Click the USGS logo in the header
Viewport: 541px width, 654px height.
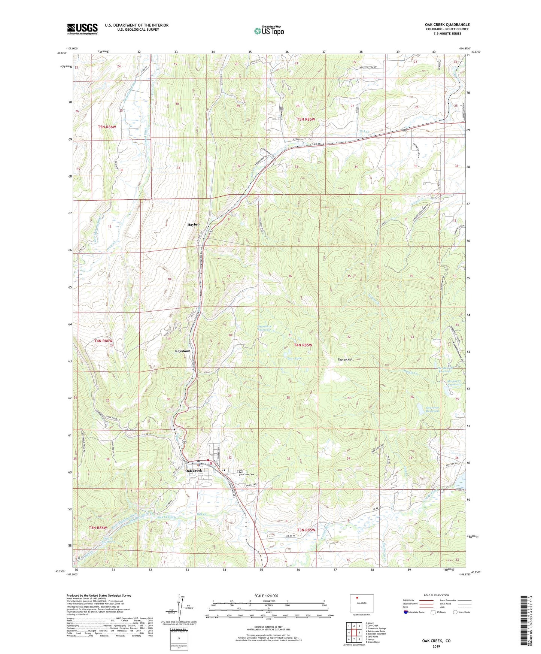82,29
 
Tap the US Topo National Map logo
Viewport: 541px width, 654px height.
268,30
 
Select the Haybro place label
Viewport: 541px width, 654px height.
193,224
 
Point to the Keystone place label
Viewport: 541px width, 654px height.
182,351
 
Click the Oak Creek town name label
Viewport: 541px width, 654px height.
194,470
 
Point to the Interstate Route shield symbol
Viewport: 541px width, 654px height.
405,612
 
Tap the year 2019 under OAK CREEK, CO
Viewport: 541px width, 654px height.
436,646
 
